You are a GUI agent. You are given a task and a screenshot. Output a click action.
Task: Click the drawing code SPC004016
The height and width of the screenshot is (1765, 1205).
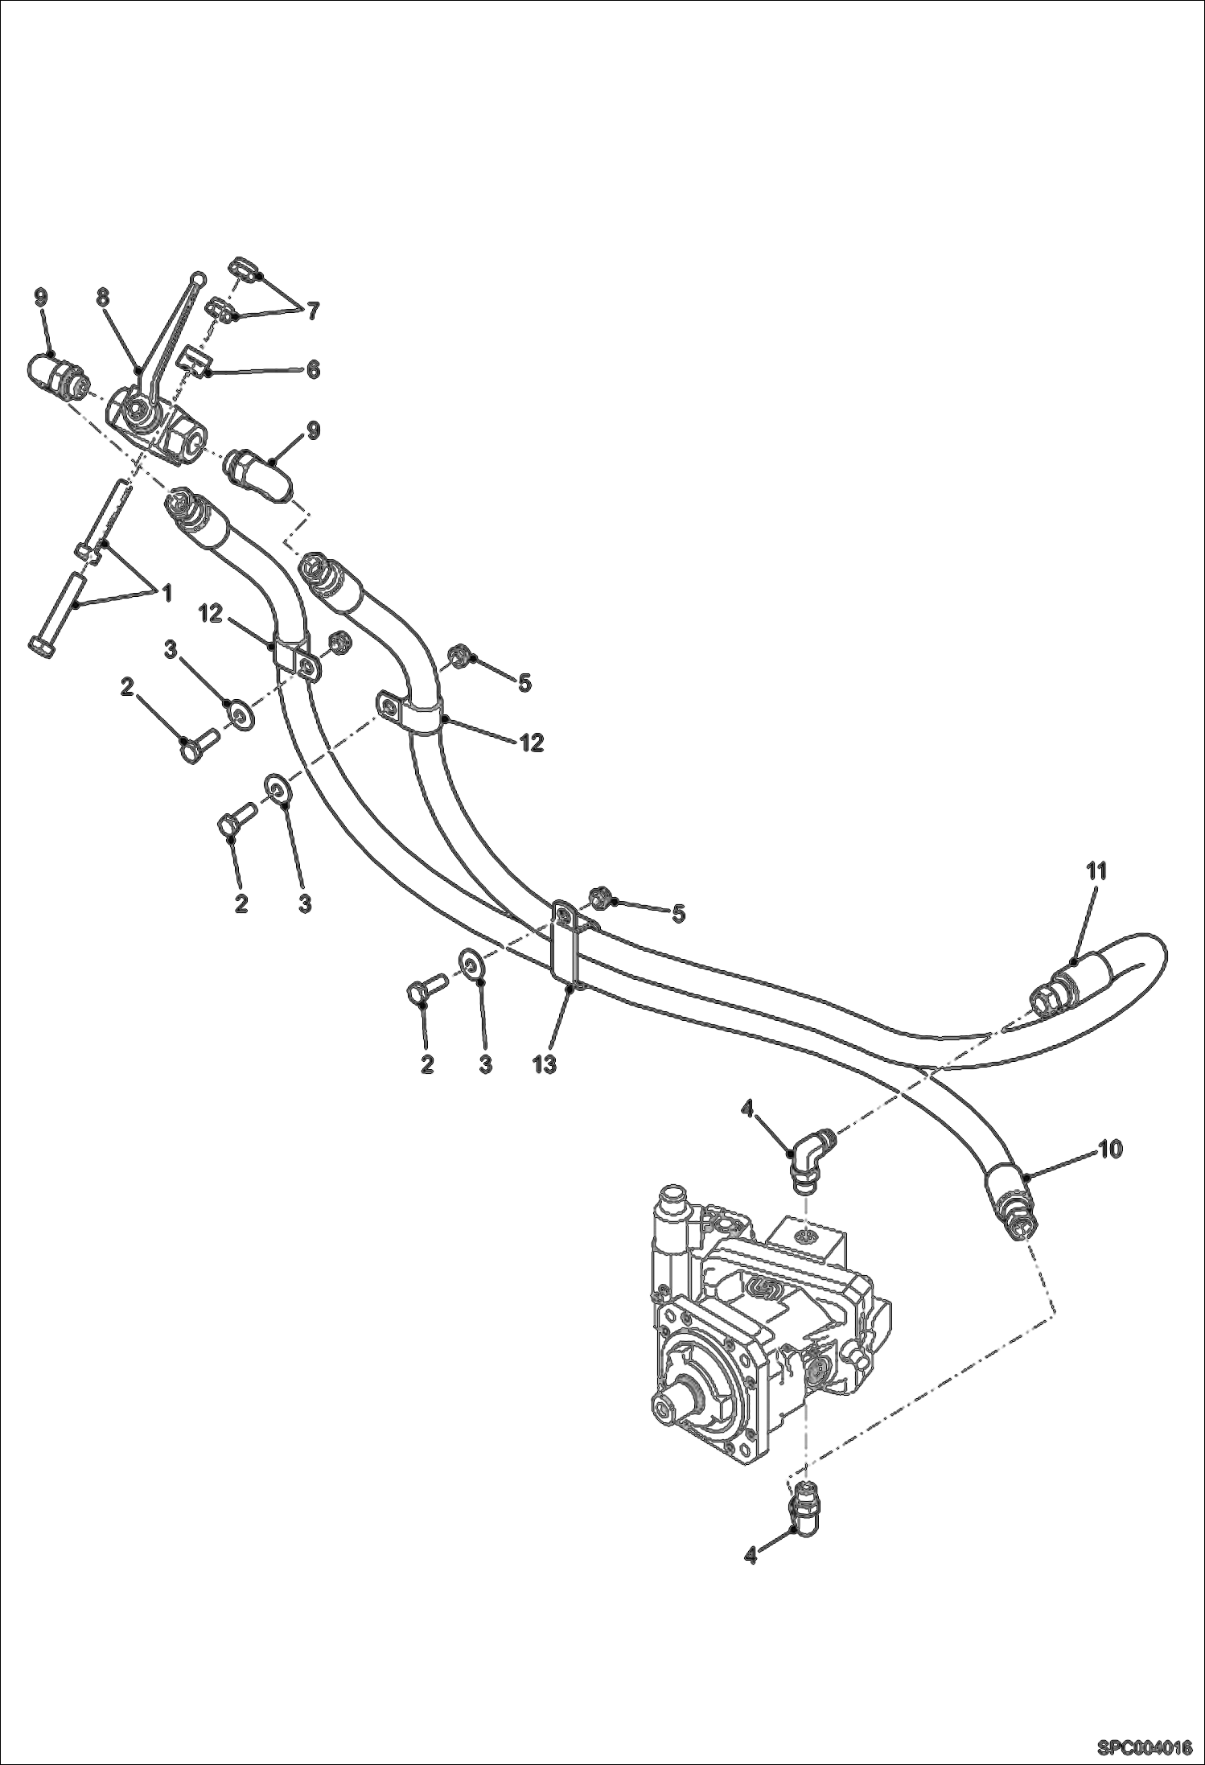pyautogui.click(x=1144, y=1747)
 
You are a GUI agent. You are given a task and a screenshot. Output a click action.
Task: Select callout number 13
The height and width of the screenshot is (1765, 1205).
pyautogui.click(x=544, y=1064)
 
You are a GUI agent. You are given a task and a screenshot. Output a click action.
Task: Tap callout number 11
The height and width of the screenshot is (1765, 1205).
pyautogui.click(x=1097, y=870)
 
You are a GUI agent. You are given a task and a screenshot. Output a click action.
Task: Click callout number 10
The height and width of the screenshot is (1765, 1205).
pyautogui.click(x=1110, y=1150)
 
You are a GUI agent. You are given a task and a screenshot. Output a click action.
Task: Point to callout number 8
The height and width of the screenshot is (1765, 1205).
pyautogui.click(x=103, y=298)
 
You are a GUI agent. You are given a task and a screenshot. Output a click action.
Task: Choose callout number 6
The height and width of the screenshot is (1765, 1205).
pyautogui.click(x=312, y=369)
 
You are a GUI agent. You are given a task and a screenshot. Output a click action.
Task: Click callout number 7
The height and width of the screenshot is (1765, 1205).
pyautogui.click(x=311, y=310)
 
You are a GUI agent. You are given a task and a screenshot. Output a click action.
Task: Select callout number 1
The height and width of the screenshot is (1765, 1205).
pyautogui.click(x=167, y=595)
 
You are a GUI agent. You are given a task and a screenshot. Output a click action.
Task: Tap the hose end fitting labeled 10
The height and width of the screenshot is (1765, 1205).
pyautogui.click(x=1012, y=1199)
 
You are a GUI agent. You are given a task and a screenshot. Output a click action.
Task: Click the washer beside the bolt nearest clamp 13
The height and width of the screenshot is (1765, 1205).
pyautogui.click(x=470, y=962)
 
